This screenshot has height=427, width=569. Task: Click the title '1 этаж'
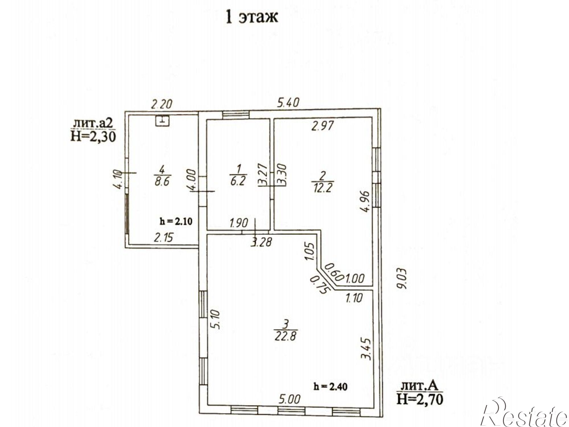[251, 17]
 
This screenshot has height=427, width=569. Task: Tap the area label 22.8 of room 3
[286, 336]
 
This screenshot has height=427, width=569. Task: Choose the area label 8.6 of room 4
[162, 181]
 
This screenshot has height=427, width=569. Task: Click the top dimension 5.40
[288, 103]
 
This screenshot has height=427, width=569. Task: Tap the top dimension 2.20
[161, 104]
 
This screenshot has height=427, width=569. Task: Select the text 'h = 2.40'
[330, 387]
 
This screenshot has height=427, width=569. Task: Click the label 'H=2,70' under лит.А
[420, 399]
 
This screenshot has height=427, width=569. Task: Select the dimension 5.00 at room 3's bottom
[289, 399]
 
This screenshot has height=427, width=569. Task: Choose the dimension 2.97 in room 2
[322, 125]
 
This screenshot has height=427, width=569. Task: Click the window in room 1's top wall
[236, 115]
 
